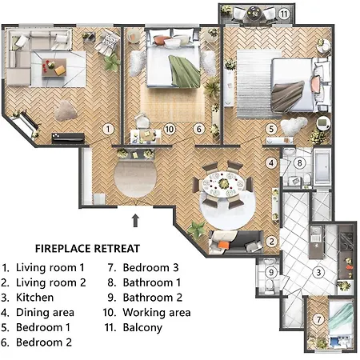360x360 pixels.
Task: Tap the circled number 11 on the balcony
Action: pyautogui.click(x=284, y=14)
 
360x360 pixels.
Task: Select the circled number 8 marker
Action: pyautogui.click(x=300, y=163)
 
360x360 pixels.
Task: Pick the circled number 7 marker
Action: pyautogui.click(x=318, y=321)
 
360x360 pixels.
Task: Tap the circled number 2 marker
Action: pyautogui.click(x=272, y=241)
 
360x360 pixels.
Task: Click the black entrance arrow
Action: pyautogui.click(x=135, y=218)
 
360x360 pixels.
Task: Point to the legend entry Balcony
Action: pyautogui.click(x=144, y=327)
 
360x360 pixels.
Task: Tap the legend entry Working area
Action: pyautogui.click(x=157, y=312)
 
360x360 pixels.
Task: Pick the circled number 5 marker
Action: pyautogui.click(x=272, y=127)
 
